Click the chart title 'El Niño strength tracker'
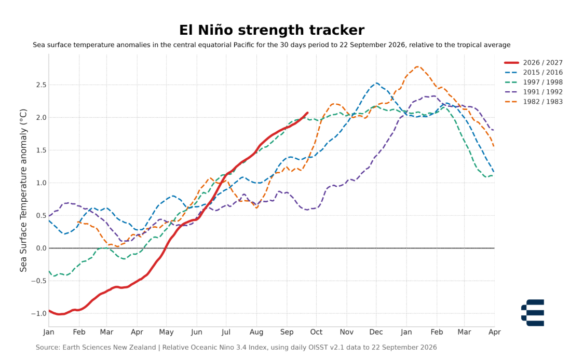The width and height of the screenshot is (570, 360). point(272,30)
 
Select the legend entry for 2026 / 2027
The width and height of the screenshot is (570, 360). point(533,63)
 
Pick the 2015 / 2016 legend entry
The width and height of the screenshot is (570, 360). point(533,73)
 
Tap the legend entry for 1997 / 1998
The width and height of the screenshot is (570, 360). point(533,82)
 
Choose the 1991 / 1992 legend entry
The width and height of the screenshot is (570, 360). point(533,92)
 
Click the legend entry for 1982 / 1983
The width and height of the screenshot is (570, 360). point(533,102)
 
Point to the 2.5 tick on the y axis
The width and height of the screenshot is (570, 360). point(41,85)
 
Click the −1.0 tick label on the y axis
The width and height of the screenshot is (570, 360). point(38,313)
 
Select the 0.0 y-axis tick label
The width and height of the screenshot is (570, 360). point(41,248)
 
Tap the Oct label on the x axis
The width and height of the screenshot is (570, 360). point(316,332)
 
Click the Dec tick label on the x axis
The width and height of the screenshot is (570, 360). point(376,332)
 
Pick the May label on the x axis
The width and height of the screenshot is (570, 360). point(166,333)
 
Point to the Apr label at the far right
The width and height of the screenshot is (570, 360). point(494,333)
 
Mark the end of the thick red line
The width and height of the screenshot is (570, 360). point(307,113)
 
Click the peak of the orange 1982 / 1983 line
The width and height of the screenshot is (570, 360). point(417,66)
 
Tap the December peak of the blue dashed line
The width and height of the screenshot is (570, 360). point(376,83)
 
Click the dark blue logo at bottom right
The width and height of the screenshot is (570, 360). point(533,313)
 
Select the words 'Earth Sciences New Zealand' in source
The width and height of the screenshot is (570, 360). point(109,348)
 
